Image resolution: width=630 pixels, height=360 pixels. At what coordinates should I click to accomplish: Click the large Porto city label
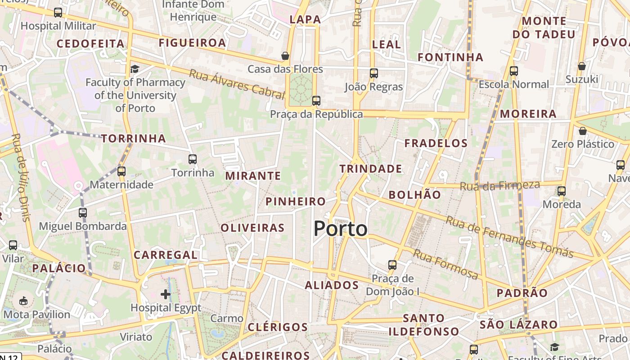[340, 229]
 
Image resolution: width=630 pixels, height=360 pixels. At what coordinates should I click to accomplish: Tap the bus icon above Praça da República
[316, 100]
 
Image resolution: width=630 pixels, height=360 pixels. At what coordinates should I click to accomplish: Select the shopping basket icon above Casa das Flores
[285, 56]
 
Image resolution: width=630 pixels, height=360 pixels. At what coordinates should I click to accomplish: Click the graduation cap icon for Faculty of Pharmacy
[135, 69]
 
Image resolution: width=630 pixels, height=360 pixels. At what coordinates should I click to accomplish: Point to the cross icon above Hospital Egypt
[166, 294]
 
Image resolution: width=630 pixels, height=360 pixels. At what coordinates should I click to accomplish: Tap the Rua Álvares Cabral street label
[237, 84]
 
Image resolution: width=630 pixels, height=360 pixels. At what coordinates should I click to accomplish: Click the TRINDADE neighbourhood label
[371, 169]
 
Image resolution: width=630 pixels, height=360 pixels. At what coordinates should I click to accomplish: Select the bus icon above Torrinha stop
[193, 159]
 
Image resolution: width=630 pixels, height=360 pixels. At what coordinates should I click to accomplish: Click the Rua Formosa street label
[445, 264]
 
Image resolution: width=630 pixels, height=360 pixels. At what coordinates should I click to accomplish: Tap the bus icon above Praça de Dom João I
[392, 265]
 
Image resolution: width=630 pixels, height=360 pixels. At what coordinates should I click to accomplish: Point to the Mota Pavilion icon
[23, 301]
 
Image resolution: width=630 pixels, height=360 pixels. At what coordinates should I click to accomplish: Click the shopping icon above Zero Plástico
[583, 131]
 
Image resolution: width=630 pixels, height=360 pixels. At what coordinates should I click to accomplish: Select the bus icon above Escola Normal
[514, 71]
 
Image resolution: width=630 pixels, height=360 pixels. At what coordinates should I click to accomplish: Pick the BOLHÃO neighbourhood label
[414, 194]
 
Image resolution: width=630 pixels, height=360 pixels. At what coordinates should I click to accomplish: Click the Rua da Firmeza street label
[499, 185]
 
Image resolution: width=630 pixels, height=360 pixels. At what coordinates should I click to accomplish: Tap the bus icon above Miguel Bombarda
[82, 212]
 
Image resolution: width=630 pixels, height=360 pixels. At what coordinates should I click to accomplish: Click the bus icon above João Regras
[373, 73]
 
